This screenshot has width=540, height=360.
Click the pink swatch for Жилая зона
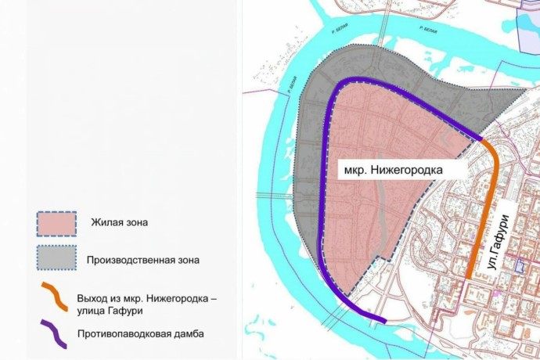57,223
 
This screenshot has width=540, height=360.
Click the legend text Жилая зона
119,223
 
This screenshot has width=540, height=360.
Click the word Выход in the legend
95,297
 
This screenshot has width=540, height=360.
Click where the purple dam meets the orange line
481,139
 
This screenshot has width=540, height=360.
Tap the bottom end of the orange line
468,276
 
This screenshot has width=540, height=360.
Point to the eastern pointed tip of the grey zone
526,88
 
